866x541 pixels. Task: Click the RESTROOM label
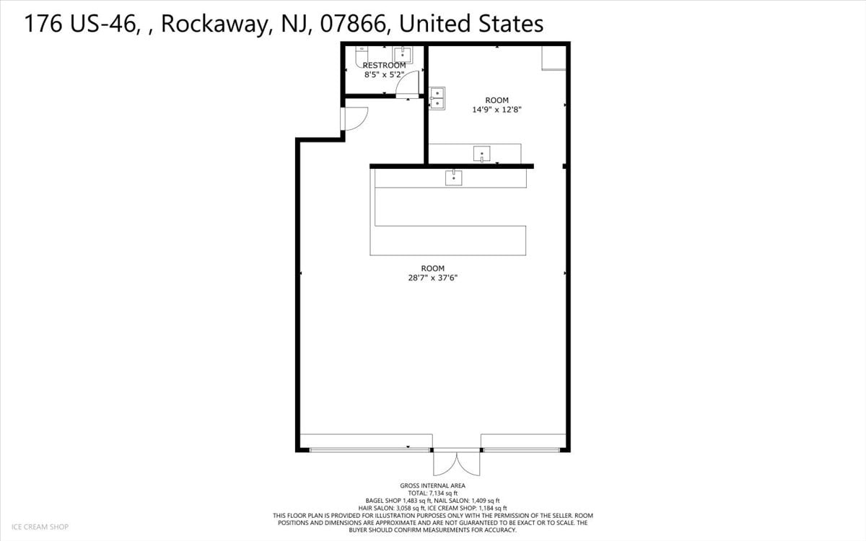[384, 66]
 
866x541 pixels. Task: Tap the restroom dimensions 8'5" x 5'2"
[384, 74]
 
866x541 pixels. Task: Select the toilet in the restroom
[361, 56]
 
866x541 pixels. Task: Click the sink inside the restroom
[403, 55]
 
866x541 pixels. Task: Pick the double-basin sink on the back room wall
[437, 98]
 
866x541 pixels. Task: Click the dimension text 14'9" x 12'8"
[497, 110]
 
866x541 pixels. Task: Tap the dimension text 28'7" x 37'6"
[432, 278]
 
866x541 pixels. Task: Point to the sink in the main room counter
[453, 177]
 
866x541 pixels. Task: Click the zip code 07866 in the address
[354, 24]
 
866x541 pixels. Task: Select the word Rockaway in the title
[214, 24]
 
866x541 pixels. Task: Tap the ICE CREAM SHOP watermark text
[40, 527]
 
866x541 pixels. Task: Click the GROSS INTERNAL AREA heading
[432, 485]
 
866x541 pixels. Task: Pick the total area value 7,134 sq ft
[443, 493]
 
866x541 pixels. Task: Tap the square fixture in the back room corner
[554, 58]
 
